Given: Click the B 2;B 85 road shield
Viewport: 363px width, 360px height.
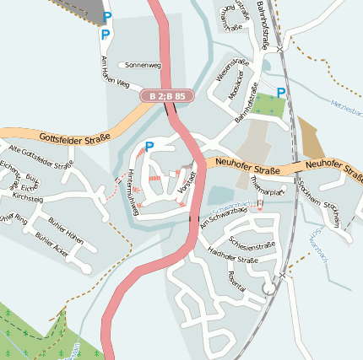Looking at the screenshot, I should click(x=167, y=97).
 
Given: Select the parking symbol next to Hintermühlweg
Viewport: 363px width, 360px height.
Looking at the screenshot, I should click(x=149, y=146).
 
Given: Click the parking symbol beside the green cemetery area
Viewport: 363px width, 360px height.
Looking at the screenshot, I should click(x=281, y=93).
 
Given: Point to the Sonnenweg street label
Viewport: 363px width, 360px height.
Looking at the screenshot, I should click(x=142, y=64).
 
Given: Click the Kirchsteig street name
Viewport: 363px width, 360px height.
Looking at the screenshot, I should click(x=28, y=197).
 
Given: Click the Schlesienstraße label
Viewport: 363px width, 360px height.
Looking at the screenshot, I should click(x=247, y=245).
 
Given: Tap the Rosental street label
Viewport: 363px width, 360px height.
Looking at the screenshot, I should click(x=231, y=282).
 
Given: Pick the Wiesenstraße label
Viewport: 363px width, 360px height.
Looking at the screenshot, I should click(x=228, y=81).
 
